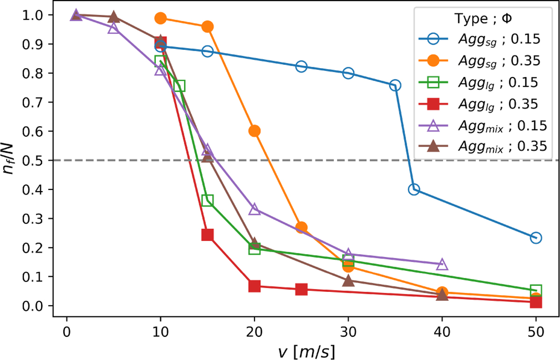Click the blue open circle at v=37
(x=413, y=189)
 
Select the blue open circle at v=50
(x=536, y=238)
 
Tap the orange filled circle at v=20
(x=254, y=131)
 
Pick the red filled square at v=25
(x=301, y=290)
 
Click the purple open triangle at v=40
(x=442, y=265)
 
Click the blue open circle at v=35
(x=395, y=85)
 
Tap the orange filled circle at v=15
(x=208, y=27)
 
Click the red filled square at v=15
(x=208, y=235)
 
